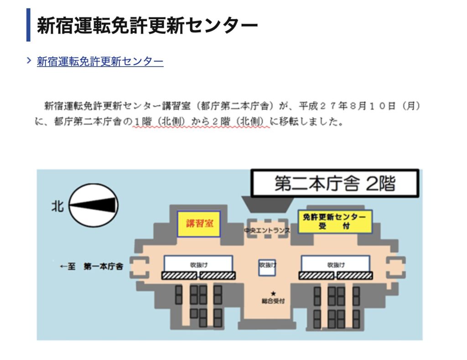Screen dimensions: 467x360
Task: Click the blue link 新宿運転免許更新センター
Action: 100,61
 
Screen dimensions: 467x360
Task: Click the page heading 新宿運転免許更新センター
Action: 147,25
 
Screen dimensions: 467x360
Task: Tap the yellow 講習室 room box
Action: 199,224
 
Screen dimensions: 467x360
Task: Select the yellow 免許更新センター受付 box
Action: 335,221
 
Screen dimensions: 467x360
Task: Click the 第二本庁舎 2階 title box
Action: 335,183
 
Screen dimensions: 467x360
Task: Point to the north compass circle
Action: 93,205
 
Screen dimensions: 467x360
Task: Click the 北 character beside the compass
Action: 57,206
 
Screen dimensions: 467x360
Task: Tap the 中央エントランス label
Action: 267,230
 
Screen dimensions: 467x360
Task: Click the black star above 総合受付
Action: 273,293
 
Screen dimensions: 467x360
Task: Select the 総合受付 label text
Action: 273,301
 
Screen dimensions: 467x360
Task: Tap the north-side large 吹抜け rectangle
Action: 198,263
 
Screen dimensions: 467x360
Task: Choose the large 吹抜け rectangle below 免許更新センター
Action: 336,263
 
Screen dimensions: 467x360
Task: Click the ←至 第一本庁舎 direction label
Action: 91,266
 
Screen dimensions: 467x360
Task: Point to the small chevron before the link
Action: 29,61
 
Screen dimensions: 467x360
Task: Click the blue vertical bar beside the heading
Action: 28,25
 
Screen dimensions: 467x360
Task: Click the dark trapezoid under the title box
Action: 267,204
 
